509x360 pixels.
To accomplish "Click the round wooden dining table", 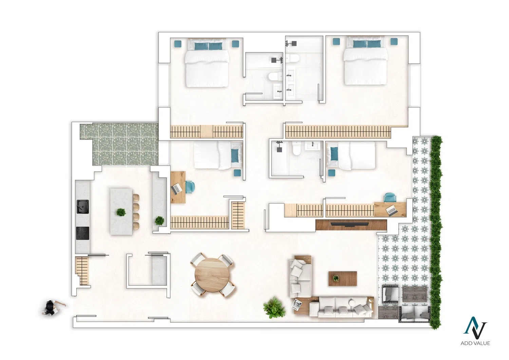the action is pos(212,276).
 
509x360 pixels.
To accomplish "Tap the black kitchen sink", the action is pos(82,207).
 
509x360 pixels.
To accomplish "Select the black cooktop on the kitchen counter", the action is pos(82,233).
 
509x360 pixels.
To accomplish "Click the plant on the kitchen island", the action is pos(121,212).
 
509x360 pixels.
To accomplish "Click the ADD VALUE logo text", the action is pos(475,343).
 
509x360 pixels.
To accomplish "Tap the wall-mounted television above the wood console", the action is pos(350,224).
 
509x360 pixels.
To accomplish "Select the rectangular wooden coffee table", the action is pos(343,279).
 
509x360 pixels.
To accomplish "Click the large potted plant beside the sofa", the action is pos(274,308).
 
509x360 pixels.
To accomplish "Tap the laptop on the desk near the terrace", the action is pos(392,210).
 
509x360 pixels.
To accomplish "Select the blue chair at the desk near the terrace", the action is pos(390,197).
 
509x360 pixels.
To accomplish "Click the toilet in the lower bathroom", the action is pos(297,149).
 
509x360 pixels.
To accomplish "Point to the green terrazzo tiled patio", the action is pos(119,144).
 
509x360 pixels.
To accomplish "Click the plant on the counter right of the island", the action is pos(159,221).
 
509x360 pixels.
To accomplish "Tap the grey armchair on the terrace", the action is pos(390,294).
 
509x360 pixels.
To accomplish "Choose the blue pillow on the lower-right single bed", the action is pos(334,154).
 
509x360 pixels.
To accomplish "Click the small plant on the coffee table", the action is pos(336,278).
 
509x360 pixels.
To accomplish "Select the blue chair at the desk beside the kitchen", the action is pos(190,187).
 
